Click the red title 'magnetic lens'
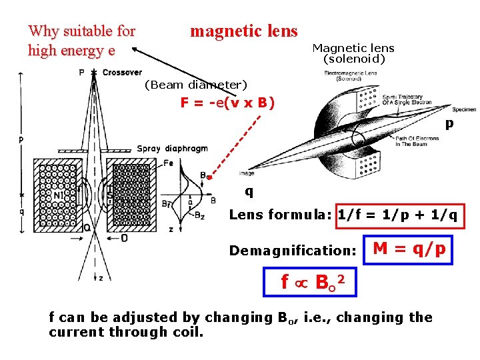click(x=243, y=31)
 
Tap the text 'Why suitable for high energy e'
click(x=81, y=41)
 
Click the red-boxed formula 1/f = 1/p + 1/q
click(x=399, y=215)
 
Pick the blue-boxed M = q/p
click(x=409, y=249)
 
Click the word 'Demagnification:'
click(x=292, y=251)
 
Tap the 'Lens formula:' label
click(x=281, y=215)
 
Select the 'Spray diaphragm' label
click(x=172, y=149)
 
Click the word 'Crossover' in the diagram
click(x=122, y=72)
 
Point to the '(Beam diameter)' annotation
click(x=195, y=85)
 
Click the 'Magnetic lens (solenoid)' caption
click(x=353, y=53)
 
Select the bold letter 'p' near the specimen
click(x=449, y=123)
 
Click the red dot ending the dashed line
click(x=209, y=177)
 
